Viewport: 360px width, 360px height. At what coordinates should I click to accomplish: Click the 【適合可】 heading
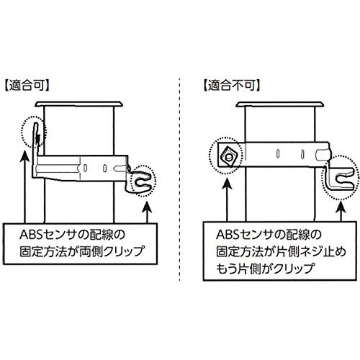27,86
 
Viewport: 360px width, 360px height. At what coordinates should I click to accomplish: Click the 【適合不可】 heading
232,86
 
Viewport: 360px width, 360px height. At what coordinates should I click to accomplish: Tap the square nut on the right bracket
228,157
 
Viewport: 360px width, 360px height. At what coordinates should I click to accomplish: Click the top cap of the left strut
79,104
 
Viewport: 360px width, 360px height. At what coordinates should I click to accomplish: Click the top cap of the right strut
279,104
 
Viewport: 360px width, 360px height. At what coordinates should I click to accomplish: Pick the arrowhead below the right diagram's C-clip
341,207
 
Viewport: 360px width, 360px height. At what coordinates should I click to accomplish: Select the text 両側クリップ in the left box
111,251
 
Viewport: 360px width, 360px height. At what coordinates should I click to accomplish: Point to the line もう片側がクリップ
265,268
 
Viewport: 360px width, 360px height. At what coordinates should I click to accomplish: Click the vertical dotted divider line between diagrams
179,179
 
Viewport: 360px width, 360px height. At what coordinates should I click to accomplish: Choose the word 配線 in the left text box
102,235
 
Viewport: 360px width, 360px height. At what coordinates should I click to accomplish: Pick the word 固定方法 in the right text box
240,251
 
